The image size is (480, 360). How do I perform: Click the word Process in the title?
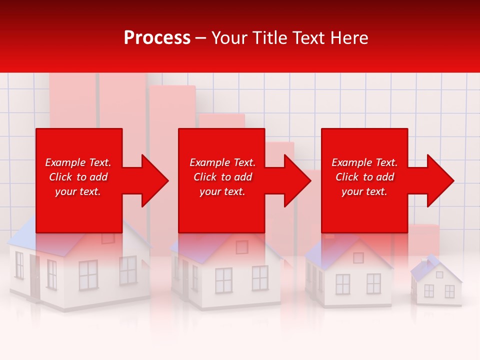157,38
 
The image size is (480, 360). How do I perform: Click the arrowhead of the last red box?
439,180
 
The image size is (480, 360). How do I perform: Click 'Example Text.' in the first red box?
78,162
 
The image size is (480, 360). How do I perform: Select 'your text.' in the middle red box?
222,191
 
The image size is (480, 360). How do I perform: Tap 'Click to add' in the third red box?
364,177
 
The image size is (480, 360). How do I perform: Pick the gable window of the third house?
358,257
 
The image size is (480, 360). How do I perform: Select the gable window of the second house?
241,246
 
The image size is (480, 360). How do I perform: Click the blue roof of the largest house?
40,240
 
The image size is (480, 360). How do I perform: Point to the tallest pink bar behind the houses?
72,100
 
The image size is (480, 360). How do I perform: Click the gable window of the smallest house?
439,274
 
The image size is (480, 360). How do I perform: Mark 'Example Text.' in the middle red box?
222,162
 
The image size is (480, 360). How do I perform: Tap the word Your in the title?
229,38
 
